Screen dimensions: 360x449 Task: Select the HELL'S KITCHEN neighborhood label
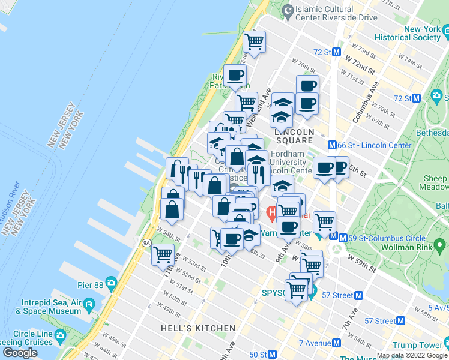pyautogui.click(x=198, y=328)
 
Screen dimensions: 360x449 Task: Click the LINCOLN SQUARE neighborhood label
pyautogui.click(x=294, y=136)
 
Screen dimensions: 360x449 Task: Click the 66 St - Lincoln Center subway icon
pyautogui.click(x=331, y=145)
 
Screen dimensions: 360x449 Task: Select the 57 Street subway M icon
pyautogui.click(x=359, y=295)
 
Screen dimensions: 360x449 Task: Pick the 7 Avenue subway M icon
pyautogui.click(x=336, y=343)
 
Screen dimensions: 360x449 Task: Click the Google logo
pyautogui.click(x=20, y=353)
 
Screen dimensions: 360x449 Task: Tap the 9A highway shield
pyautogui.click(x=146, y=243)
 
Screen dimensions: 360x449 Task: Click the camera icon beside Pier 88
pyautogui.click(x=111, y=283)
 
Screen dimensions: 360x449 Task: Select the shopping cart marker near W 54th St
pyautogui.click(x=163, y=254)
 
